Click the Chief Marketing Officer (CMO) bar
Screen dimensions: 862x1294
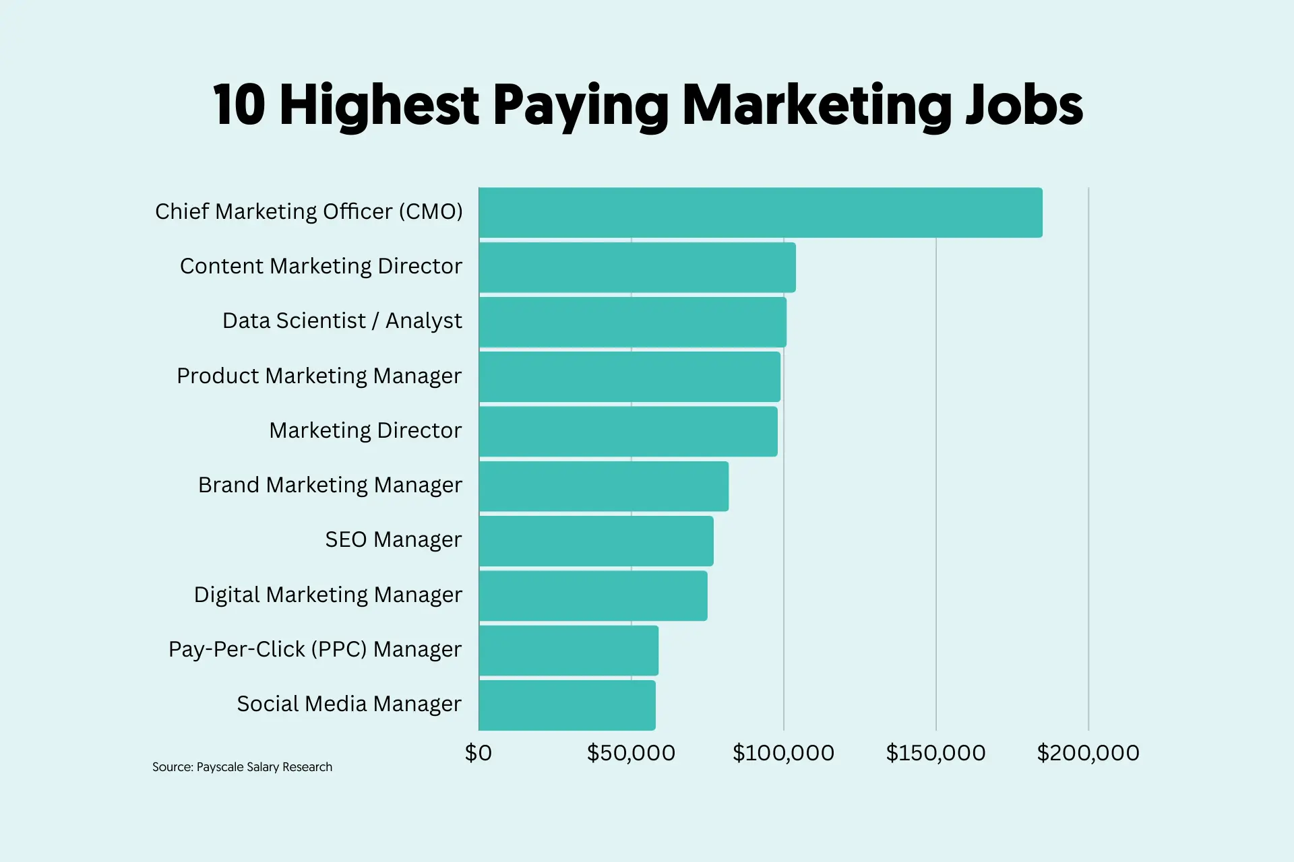[x=760, y=212]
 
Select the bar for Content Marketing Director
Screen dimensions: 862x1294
[x=637, y=267]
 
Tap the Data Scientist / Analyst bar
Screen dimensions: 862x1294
[x=632, y=322]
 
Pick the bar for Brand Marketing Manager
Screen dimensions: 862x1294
[x=603, y=486]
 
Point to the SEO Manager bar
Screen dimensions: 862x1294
[x=596, y=541]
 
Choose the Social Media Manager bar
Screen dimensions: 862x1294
[x=567, y=705]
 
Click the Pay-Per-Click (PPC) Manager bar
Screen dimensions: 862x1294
[x=568, y=650]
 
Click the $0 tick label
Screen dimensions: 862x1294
[x=479, y=753]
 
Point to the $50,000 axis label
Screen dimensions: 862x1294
[x=631, y=753]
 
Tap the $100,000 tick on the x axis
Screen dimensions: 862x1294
[x=783, y=753]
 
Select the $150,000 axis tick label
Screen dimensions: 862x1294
[x=935, y=753]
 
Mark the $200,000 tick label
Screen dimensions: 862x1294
[x=1088, y=753]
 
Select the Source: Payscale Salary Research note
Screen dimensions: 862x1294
[x=242, y=767]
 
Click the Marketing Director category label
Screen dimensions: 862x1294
[x=365, y=430]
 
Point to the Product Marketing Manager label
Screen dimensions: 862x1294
[x=319, y=376]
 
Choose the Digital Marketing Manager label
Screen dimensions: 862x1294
[x=328, y=595]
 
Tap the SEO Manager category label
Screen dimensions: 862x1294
[x=393, y=539]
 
